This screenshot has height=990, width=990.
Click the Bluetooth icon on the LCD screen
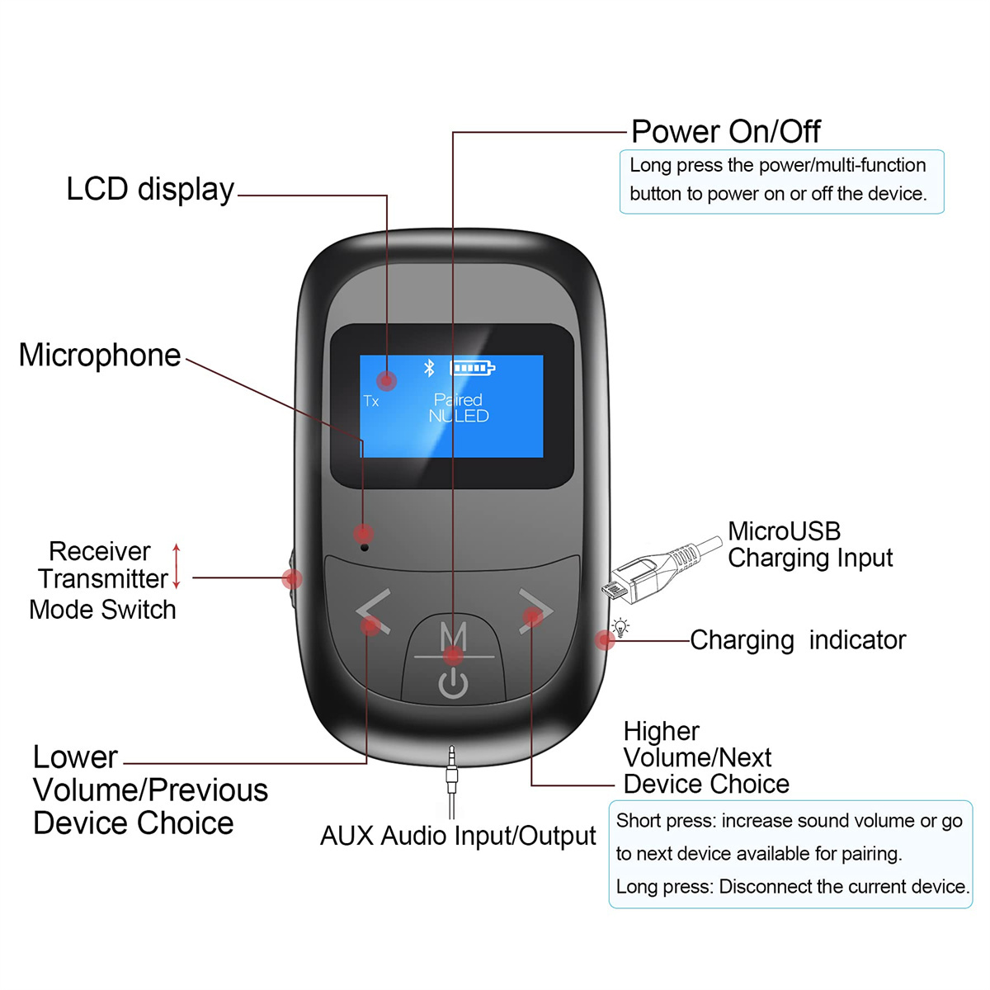tap(428, 368)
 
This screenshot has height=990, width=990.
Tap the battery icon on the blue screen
tap(472, 368)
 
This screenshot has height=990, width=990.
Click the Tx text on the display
tap(370, 401)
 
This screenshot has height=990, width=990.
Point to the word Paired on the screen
tap(458, 399)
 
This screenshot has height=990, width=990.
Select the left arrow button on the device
tap(373, 611)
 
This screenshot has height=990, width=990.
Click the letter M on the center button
tap(454, 636)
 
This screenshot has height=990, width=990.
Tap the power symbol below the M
tap(453, 683)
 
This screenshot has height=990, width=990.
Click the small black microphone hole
tap(365, 548)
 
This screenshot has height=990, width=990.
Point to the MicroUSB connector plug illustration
tap(660, 570)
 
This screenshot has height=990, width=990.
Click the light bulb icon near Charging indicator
tap(620, 627)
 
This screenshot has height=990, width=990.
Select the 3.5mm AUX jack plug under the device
tap(451, 781)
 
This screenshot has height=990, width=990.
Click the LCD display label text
tap(150, 190)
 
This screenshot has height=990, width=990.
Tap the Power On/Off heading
tap(725, 131)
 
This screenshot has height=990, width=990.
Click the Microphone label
tap(100, 355)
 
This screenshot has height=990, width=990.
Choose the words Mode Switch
tap(103, 610)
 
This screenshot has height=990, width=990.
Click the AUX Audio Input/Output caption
tap(458, 836)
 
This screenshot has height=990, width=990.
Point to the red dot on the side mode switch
tap(292, 579)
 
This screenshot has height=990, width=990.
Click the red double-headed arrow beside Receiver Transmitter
tap(177, 566)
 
